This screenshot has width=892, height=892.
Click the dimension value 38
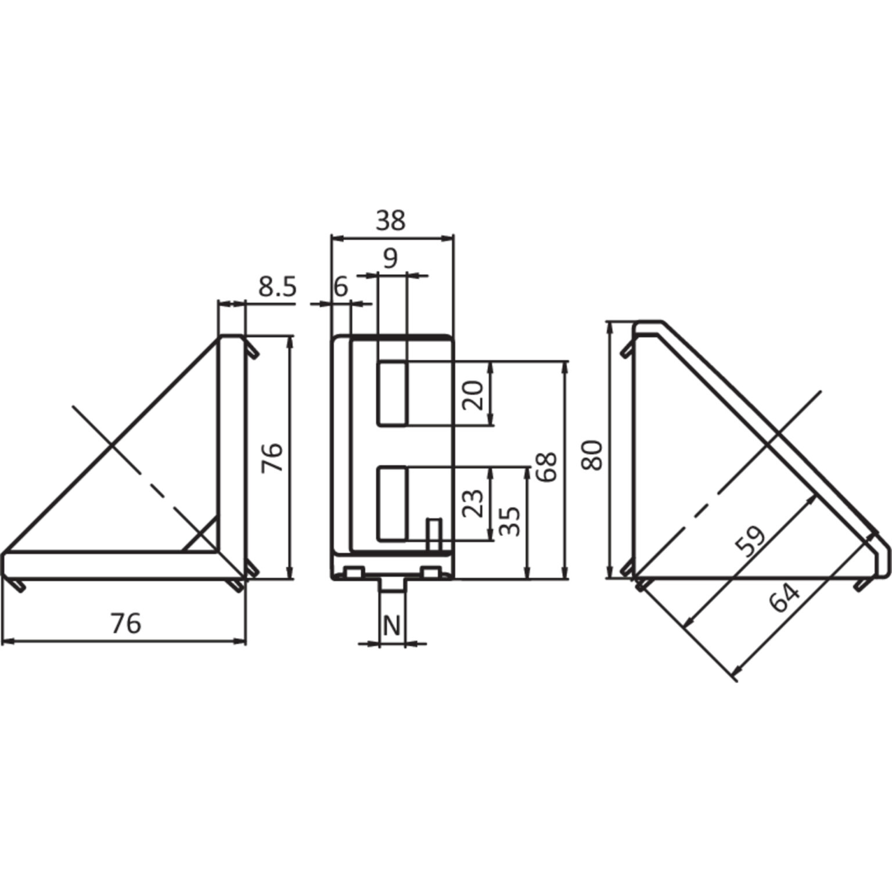[x=391, y=221]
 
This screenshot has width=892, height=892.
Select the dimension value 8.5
[x=278, y=287]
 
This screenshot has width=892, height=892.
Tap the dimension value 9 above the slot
[x=391, y=257]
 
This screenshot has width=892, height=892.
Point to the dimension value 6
[x=340, y=287]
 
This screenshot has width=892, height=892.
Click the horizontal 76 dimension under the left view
[x=125, y=623]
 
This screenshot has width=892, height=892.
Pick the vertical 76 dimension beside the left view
[x=272, y=457]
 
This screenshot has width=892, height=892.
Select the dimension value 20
[x=473, y=395]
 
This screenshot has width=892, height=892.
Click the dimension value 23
[x=473, y=503]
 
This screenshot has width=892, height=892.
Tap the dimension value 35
[x=510, y=521]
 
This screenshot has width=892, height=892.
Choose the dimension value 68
[x=546, y=466]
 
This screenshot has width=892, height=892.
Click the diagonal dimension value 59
[x=751, y=541]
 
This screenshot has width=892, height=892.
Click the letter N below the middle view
[x=392, y=626]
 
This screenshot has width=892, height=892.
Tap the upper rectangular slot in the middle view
[x=393, y=393]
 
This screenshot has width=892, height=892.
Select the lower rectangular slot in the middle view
[x=393, y=503]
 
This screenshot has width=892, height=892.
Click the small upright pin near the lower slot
[x=433, y=534]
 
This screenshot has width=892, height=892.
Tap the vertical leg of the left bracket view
[x=232, y=441]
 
